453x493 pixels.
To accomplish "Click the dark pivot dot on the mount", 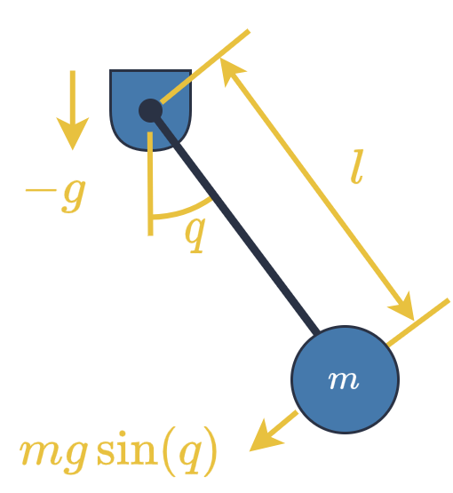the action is (151, 111).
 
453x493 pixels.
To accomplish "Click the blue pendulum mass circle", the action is (346, 380).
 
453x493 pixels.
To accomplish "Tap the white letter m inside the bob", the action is (343, 381).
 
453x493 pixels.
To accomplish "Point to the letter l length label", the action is (357, 167).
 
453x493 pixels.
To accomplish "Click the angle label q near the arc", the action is (195, 235).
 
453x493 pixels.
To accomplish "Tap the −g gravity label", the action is (56, 195).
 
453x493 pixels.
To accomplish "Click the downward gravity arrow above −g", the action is (73, 110).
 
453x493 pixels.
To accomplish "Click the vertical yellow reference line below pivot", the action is (150, 184).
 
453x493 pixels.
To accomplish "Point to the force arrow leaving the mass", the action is (273, 431).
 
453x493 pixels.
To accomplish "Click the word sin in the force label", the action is (127, 448).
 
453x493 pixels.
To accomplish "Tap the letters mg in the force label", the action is (53, 454).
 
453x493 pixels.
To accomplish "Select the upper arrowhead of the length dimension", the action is (231, 71).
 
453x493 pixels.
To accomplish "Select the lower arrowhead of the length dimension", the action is (403, 307).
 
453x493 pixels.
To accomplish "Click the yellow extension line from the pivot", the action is (205, 67).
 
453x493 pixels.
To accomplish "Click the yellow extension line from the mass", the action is (418, 322).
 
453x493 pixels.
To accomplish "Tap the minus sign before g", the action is (41, 190).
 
